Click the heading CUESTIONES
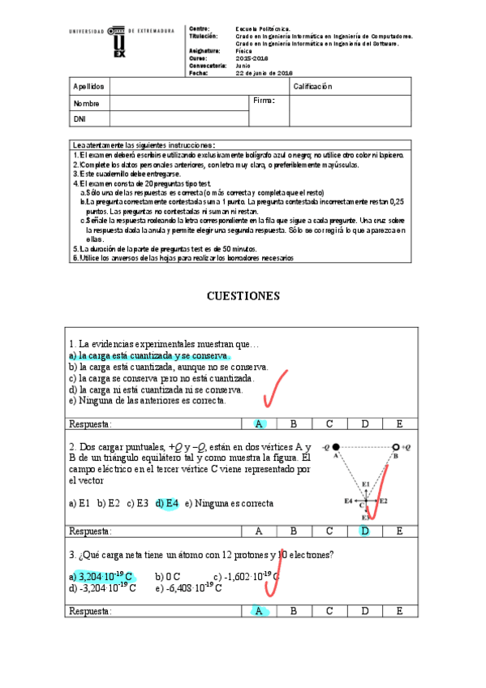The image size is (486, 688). click(x=243, y=296)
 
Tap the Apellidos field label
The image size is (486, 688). click(x=88, y=86)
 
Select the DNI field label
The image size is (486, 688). click(x=80, y=119)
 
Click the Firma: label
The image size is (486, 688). click(x=265, y=101)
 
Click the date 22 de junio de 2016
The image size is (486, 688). click(x=264, y=73)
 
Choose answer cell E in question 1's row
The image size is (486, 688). click(x=399, y=424)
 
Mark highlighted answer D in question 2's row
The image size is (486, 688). click(x=364, y=531)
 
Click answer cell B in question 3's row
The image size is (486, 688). click(x=294, y=611)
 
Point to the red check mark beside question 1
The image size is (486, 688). click(x=277, y=389)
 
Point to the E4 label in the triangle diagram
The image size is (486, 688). click(x=350, y=501)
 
